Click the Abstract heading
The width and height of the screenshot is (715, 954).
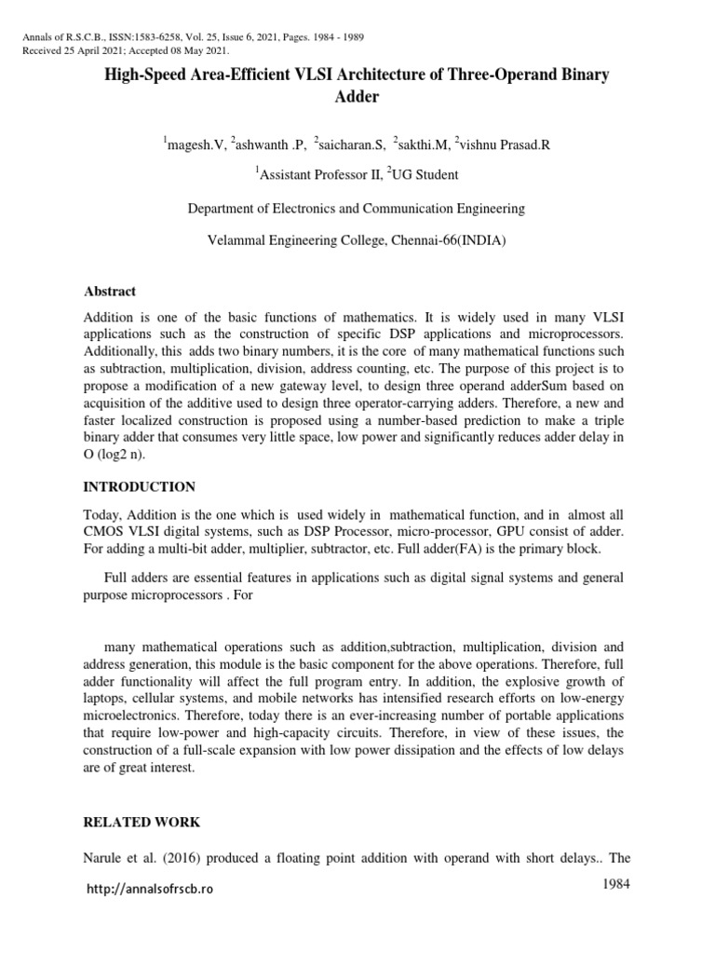pos(109,292)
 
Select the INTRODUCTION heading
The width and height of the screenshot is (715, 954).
pos(139,487)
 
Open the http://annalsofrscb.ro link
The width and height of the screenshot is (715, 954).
pos(149,890)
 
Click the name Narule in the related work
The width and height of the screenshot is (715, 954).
pos(103,859)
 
